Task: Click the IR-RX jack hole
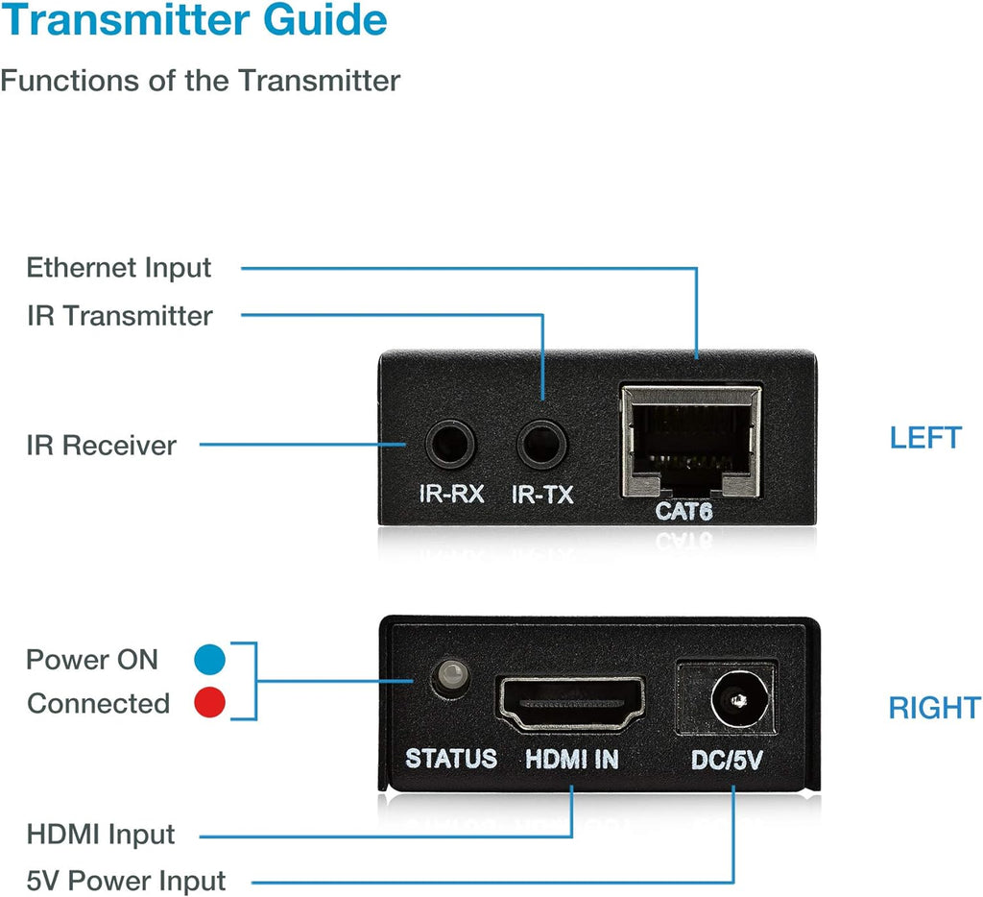[x=450, y=444]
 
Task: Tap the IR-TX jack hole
[x=541, y=444]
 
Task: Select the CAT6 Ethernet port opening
[x=691, y=442]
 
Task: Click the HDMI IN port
[x=571, y=703]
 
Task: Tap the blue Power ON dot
[x=209, y=659]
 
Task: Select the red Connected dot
[x=209, y=703]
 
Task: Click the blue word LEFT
[x=925, y=438]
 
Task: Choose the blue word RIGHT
[x=935, y=708]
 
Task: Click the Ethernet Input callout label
[x=118, y=268]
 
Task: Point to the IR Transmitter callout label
[x=120, y=316]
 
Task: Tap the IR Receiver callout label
[x=102, y=446]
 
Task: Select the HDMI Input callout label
[x=101, y=835]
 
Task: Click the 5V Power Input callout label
[x=126, y=881]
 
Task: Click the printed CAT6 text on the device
[x=683, y=512]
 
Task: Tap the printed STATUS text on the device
[x=451, y=759]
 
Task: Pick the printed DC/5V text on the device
[x=727, y=761]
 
